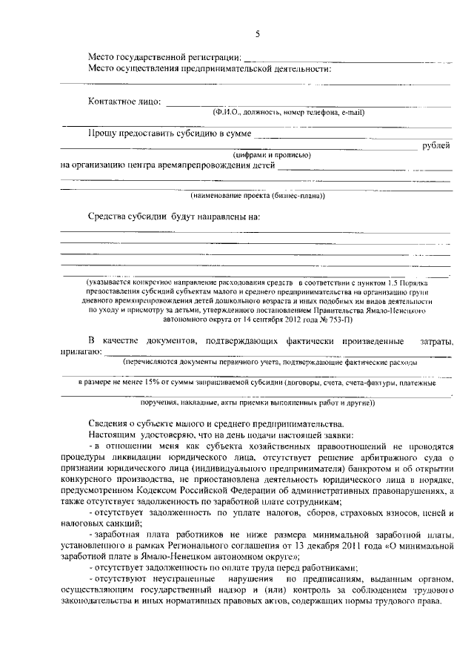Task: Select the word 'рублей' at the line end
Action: point(436,145)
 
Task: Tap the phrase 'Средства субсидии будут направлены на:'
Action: point(174,217)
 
